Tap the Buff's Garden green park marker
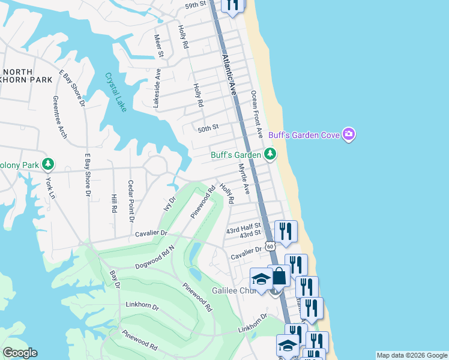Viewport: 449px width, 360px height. tap(271, 155)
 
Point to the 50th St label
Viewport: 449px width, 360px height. tap(208, 127)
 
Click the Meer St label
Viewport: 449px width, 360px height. tap(159, 46)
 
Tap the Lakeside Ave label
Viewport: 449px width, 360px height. tap(157, 88)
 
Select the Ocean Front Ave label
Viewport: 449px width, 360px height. tap(257, 113)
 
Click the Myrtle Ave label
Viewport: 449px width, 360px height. tap(244, 179)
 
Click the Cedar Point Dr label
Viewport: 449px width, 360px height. tap(131, 201)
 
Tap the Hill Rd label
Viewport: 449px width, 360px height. tap(113, 203)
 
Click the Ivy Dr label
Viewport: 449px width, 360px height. tap(170, 203)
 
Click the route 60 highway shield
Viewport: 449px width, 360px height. tap(270, 246)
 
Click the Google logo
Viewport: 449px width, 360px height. tap(20, 353)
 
